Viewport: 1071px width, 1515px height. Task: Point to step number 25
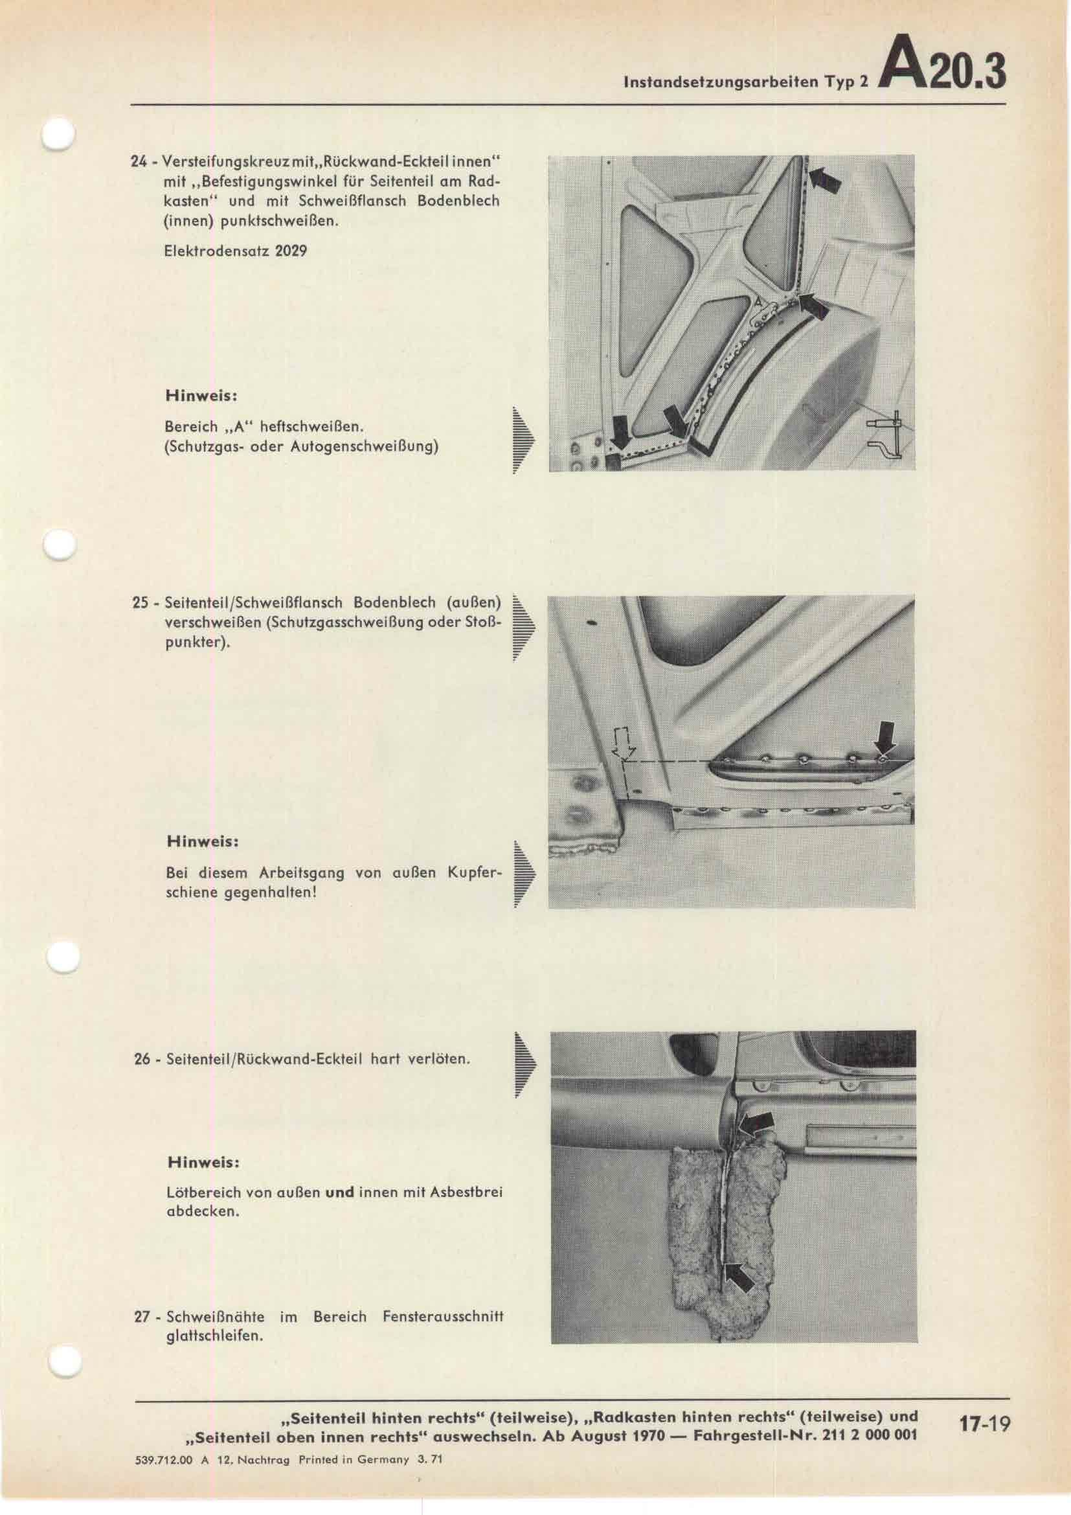(140, 603)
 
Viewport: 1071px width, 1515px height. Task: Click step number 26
(141, 1060)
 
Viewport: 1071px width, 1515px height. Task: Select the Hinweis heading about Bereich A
(201, 397)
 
